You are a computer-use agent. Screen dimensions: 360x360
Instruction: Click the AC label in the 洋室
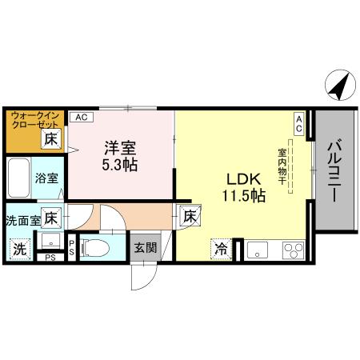(81, 117)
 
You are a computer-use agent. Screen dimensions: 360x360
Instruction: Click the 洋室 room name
(119, 148)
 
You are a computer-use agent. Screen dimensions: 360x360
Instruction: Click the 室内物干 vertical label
(282, 164)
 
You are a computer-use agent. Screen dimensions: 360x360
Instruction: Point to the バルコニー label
(334, 170)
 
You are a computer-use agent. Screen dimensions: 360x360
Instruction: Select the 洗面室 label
(22, 219)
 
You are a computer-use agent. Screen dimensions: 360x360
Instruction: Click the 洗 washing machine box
(18, 249)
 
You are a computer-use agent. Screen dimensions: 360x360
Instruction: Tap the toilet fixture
(94, 247)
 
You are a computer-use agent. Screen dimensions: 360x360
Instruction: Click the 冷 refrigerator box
(220, 249)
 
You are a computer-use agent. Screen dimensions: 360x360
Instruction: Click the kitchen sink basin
(258, 249)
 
